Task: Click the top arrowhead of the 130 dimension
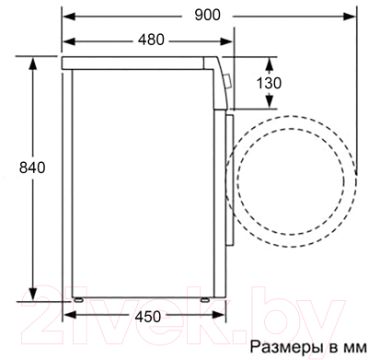(x=270, y=60)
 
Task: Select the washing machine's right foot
(x=201, y=297)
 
